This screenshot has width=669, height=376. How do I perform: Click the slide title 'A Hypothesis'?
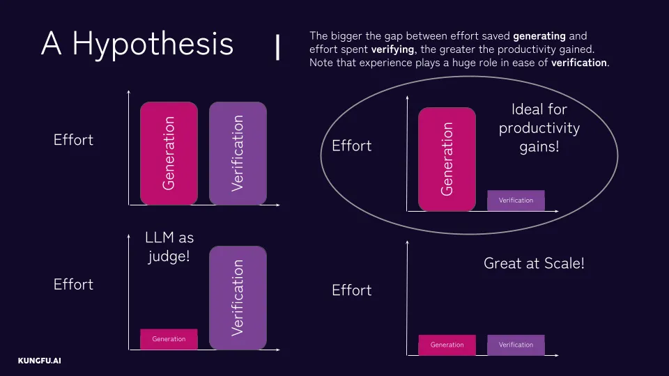point(137,44)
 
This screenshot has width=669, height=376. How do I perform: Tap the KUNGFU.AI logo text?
point(40,361)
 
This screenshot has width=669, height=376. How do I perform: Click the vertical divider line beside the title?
point(278,47)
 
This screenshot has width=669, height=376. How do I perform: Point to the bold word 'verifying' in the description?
point(390,49)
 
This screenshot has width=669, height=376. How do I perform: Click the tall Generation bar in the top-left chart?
point(169,153)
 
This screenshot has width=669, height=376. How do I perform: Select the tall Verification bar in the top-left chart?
point(238,153)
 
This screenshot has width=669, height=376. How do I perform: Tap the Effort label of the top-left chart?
point(73,140)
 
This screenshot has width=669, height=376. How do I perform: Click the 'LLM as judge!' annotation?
point(169,247)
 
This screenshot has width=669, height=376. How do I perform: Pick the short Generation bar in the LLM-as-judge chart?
point(169,339)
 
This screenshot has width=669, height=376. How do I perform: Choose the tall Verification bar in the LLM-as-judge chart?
point(238,297)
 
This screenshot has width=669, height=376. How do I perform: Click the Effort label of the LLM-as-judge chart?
point(73,285)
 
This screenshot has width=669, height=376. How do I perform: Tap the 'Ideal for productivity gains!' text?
point(539,128)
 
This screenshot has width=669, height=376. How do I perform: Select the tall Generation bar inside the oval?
point(447,159)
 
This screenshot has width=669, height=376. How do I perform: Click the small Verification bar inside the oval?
point(516,201)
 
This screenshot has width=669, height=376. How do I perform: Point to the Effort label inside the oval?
point(352,146)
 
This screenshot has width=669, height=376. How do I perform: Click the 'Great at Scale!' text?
point(534,264)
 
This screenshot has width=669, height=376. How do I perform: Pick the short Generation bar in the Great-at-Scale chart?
point(447,345)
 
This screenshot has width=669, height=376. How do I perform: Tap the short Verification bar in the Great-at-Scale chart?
point(516,345)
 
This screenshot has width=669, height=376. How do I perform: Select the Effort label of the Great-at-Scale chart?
point(352,290)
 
